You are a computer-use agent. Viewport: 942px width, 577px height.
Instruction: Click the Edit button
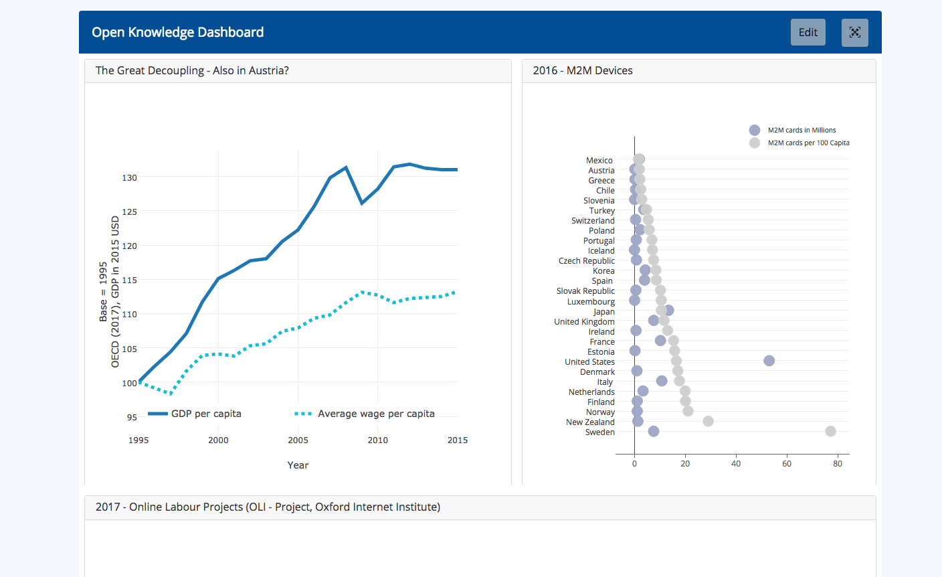click(808, 32)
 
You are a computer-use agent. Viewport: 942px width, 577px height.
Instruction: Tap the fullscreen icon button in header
click(854, 32)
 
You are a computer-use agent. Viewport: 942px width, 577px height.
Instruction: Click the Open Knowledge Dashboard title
click(178, 32)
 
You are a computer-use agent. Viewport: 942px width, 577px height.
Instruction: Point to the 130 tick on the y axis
click(129, 177)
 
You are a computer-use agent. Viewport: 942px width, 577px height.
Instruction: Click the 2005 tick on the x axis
click(298, 440)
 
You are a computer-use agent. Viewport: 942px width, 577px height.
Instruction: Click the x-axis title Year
click(298, 465)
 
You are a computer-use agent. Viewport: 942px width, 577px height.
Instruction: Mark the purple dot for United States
click(769, 361)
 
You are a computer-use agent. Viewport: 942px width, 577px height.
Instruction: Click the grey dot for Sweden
click(830, 431)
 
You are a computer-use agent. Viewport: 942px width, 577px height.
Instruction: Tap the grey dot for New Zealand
click(708, 421)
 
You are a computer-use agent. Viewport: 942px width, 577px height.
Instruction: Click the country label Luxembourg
click(591, 301)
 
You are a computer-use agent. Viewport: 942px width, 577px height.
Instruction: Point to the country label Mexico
click(599, 161)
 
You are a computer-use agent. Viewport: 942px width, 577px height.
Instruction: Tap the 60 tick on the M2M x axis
click(787, 463)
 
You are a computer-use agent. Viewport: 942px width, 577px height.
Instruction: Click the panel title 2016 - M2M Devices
click(583, 70)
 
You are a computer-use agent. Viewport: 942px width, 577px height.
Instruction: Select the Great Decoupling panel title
click(192, 70)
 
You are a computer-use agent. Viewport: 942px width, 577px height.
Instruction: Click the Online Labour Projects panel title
click(268, 507)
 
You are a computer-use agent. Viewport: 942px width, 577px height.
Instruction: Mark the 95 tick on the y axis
click(132, 417)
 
